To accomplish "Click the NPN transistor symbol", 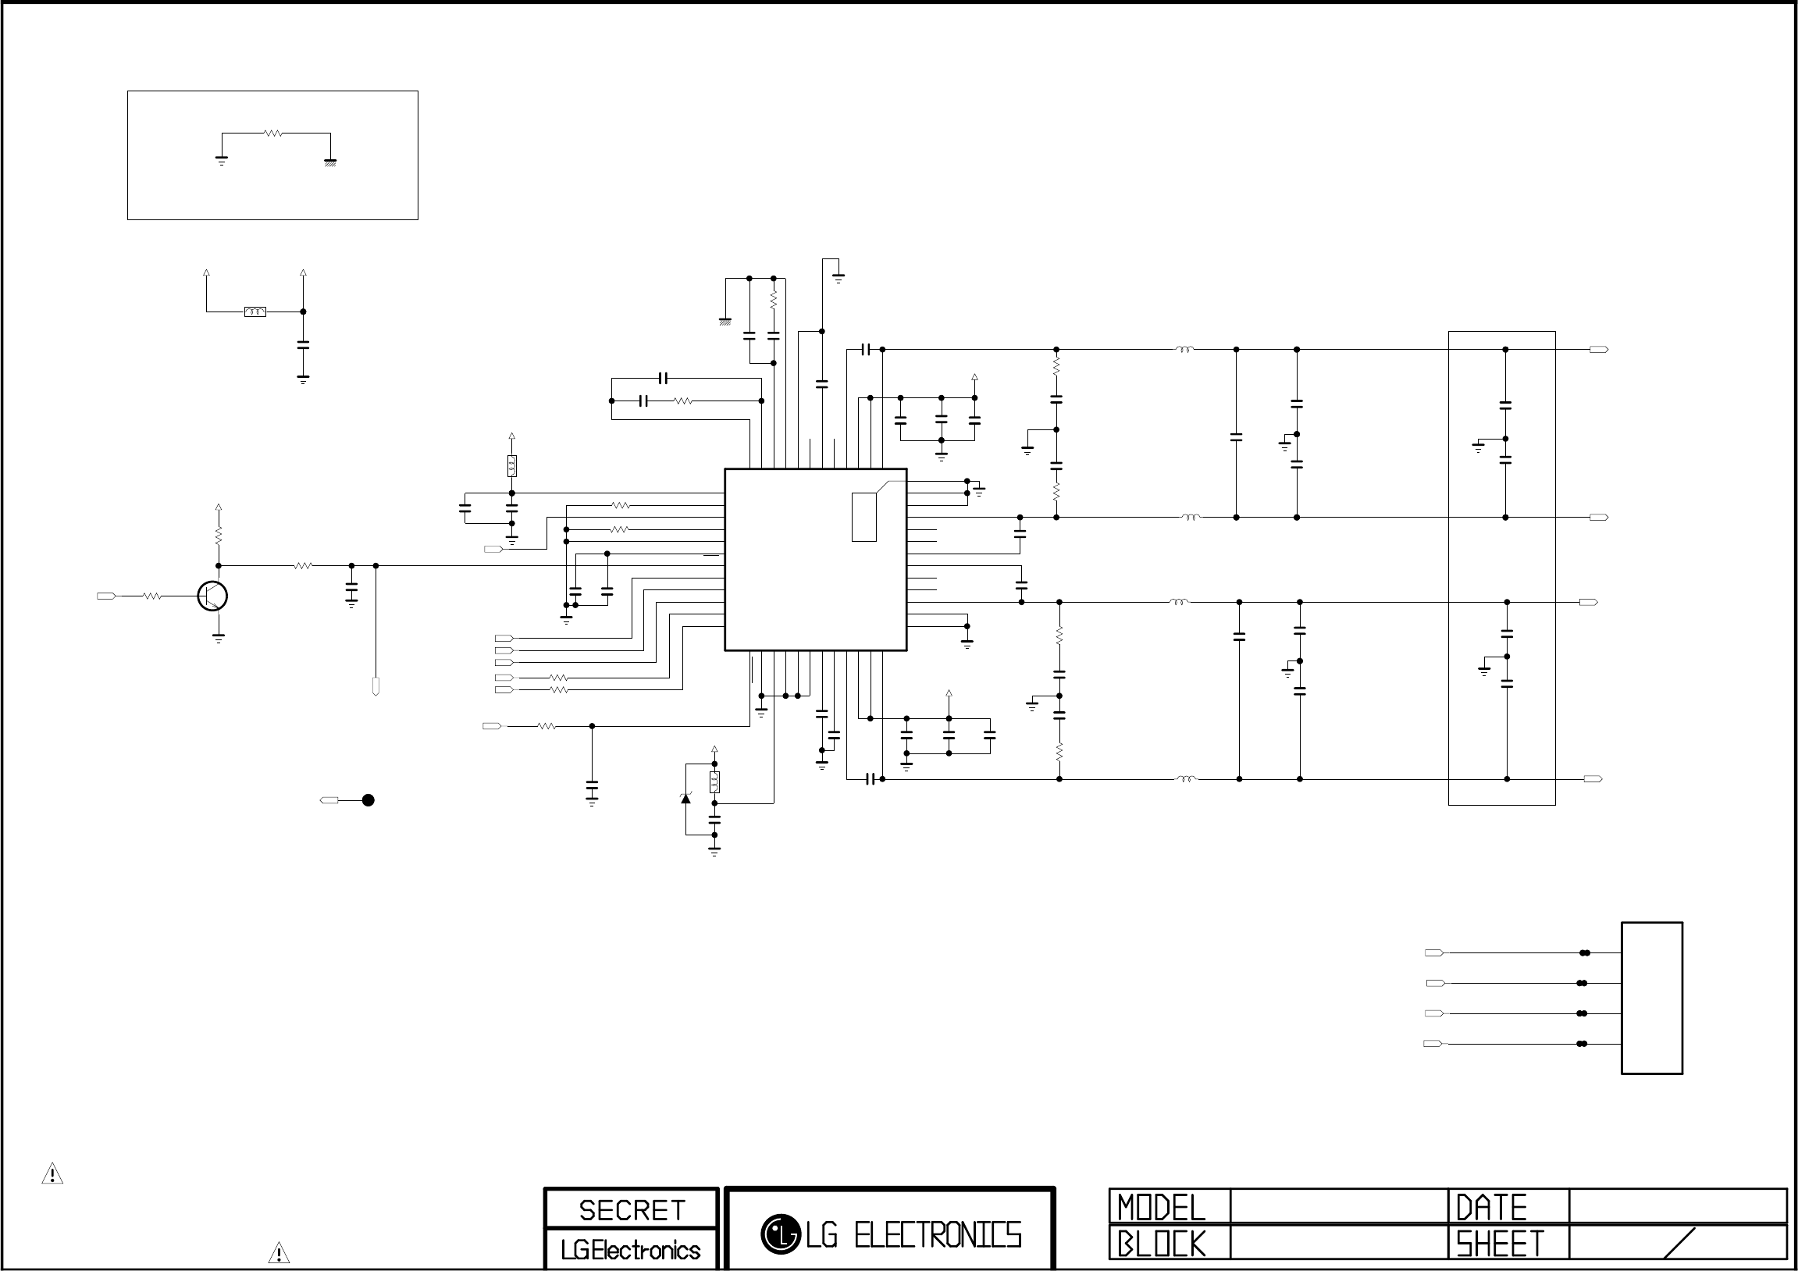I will click(213, 596).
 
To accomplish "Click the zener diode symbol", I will click(686, 798).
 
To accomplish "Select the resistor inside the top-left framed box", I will click(273, 134).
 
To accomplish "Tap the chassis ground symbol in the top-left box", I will click(330, 163).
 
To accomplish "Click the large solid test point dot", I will click(368, 800).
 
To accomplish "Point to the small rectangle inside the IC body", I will click(863, 517).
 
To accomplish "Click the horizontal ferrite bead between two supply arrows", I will click(255, 312).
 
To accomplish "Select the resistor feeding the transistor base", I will click(153, 596).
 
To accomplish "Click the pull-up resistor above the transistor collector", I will click(219, 536).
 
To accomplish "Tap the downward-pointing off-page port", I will click(376, 689).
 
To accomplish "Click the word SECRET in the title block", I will click(632, 1210).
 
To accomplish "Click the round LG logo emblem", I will click(780, 1234).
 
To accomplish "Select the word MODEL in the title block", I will click(1162, 1208).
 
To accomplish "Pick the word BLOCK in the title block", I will click(1162, 1244).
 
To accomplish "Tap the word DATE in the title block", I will click(1491, 1208).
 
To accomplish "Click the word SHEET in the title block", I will click(1500, 1244).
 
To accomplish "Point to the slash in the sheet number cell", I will click(1678, 1243).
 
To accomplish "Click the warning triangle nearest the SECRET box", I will click(279, 1253).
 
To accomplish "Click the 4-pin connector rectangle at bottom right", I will click(1651, 998).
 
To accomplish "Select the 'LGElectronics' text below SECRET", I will click(630, 1250).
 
